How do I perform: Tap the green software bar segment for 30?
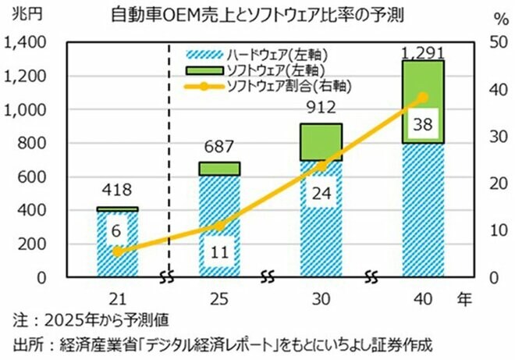(x=321, y=141)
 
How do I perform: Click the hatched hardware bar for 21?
(x=117, y=244)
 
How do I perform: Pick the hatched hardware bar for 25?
(x=218, y=226)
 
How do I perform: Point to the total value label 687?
(x=218, y=148)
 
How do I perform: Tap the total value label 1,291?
(x=422, y=52)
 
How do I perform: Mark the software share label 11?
(x=218, y=251)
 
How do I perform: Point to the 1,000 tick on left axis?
(x=25, y=110)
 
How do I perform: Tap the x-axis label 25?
(x=218, y=298)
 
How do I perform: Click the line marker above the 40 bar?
(x=422, y=98)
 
